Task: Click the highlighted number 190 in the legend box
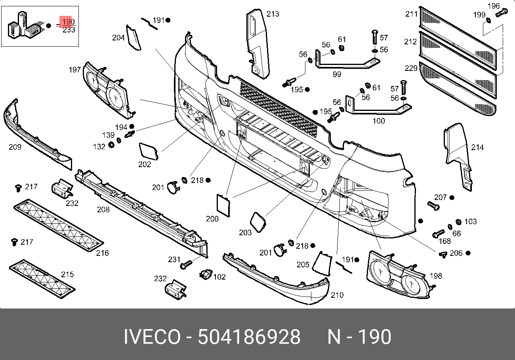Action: click(69, 22)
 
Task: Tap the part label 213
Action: click(273, 14)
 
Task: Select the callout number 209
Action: click(15, 147)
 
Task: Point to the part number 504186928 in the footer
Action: click(249, 337)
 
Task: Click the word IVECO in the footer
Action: click(152, 337)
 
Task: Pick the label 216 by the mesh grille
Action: click(102, 253)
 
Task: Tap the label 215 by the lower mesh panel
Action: click(67, 274)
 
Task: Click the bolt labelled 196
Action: click(502, 13)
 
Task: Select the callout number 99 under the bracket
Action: click(337, 74)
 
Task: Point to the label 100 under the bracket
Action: click(379, 121)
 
